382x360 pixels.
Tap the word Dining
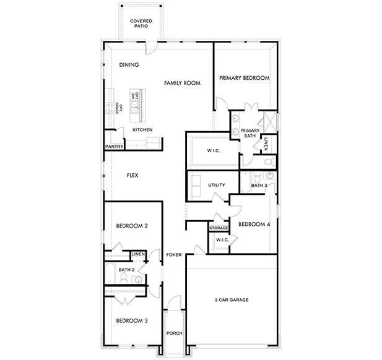click(x=129, y=65)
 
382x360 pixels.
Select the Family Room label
click(x=182, y=82)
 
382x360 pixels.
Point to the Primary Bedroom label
click(x=245, y=78)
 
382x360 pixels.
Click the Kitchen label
click(x=142, y=130)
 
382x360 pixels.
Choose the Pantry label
click(x=114, y=147)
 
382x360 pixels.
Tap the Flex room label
click(x=132, y=176)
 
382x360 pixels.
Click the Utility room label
click(x=216, y=185)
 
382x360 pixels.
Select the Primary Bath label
click(x=250, y=133)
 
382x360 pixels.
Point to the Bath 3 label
click(x=259, y=185)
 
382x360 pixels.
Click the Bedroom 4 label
click(x=254, y=224)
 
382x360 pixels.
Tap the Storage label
click(x=219, y=228)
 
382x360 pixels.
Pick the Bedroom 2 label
click(x=132, y=226)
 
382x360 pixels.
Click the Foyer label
click(x=174, y=255)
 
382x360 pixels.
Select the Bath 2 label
click(x=126, y=270)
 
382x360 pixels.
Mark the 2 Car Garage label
click(x=232, y=300)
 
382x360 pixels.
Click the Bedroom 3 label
click(x=132, y=320)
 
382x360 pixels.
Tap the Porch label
click(x=174, y=334)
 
